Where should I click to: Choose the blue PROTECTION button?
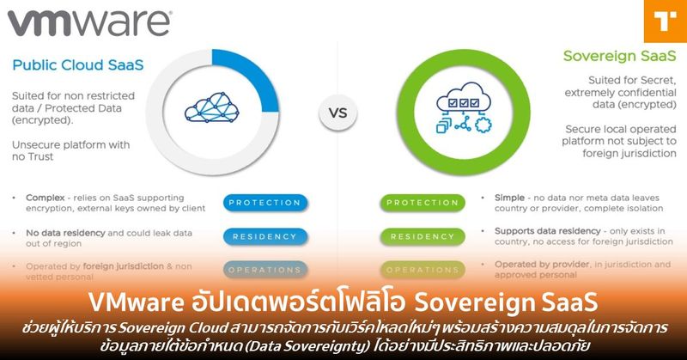[x=264, y=203]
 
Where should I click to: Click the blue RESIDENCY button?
[x=264, y=236]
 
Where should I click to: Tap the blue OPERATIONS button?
[x=264, y=270]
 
